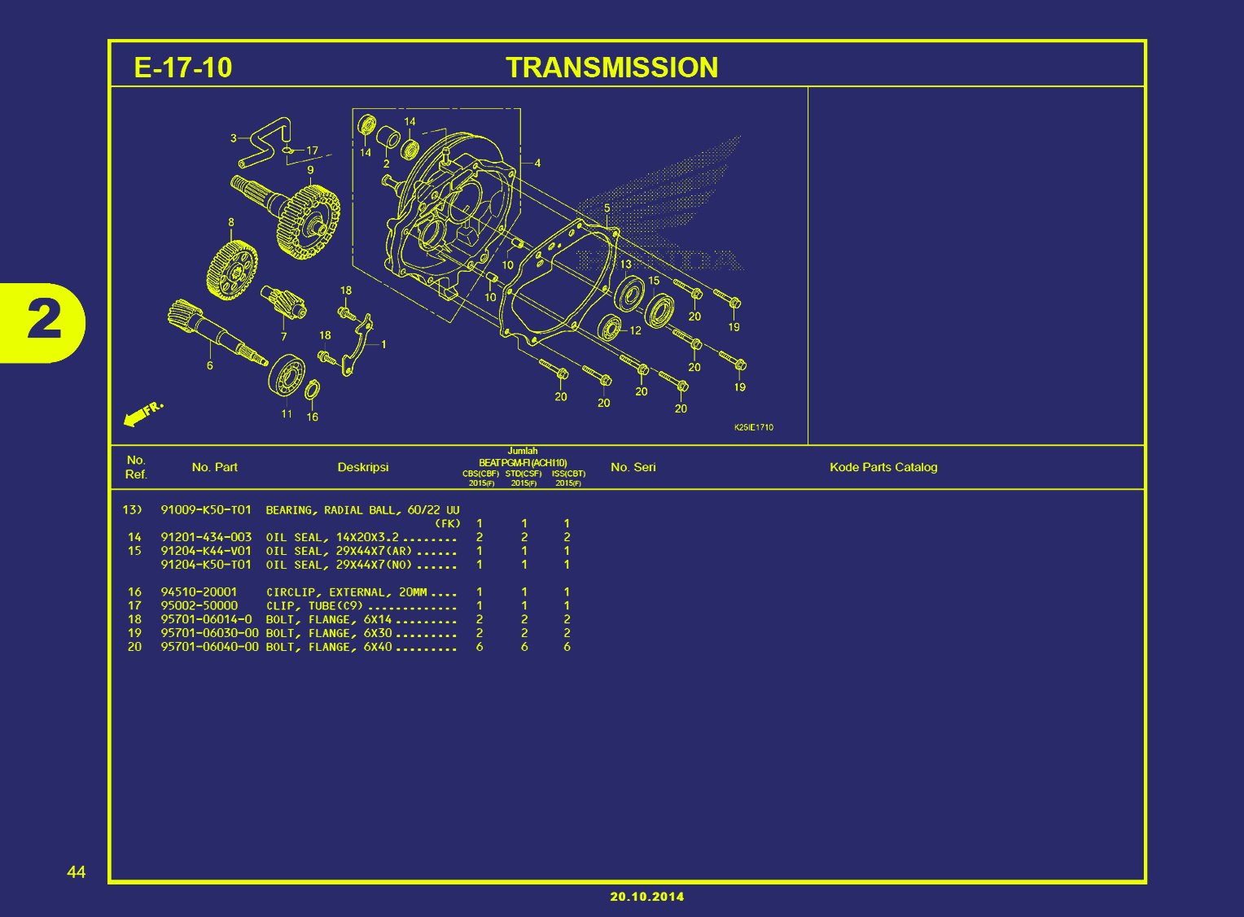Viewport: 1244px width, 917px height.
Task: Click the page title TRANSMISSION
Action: tap(611, 68)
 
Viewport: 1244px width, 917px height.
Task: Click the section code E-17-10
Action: tap(182, 68)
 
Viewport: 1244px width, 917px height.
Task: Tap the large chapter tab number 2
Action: tap(44, 321)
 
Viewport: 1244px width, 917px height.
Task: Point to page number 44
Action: tap(76, 872)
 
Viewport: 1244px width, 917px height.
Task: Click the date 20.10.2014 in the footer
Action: tap(647, 897)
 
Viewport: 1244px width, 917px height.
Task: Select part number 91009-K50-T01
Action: tap(206, 510)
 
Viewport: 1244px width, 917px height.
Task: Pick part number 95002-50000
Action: tap(199, 606)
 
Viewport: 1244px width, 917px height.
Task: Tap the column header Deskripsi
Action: tap(363, 467)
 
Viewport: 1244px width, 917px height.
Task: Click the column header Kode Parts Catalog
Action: tap(883, 467)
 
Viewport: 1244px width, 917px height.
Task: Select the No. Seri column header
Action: tap(633, 467)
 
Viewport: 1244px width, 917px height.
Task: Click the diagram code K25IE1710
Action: tap(753, 427)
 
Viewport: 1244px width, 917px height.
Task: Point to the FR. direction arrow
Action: tap(142, 414)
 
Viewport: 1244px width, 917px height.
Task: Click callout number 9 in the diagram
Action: tap(310, 170)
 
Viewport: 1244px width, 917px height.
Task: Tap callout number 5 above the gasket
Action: tap(607, 208)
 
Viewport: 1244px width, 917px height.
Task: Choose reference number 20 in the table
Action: tap(134, 647)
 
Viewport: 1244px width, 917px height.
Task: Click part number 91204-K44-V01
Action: tap(206, 551)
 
